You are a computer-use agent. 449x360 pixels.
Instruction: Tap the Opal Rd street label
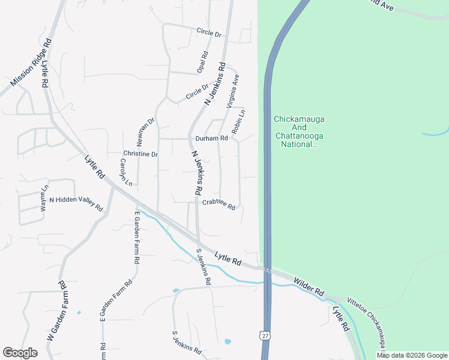coord(202,62)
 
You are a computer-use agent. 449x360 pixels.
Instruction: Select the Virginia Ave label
coord(232,91)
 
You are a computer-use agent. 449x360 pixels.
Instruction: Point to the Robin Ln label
coord(239,122)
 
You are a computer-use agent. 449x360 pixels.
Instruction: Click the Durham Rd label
coord(212,138)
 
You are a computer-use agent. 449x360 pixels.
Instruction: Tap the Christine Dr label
coord(140,154)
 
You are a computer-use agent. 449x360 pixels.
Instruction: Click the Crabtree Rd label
coord(218,205)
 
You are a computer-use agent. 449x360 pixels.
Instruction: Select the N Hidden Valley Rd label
coord(76,203)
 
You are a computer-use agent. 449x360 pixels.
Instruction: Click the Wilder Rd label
coord(309,286)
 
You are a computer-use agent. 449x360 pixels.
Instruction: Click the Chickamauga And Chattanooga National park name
coord(298,131)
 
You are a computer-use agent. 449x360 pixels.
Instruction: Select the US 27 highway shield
coord(265,335)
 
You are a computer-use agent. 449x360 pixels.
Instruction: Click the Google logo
coord(20,353)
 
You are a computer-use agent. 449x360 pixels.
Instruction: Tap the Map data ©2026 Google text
coord(412,355)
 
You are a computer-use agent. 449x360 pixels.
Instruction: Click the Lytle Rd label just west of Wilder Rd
coord(229,259)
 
